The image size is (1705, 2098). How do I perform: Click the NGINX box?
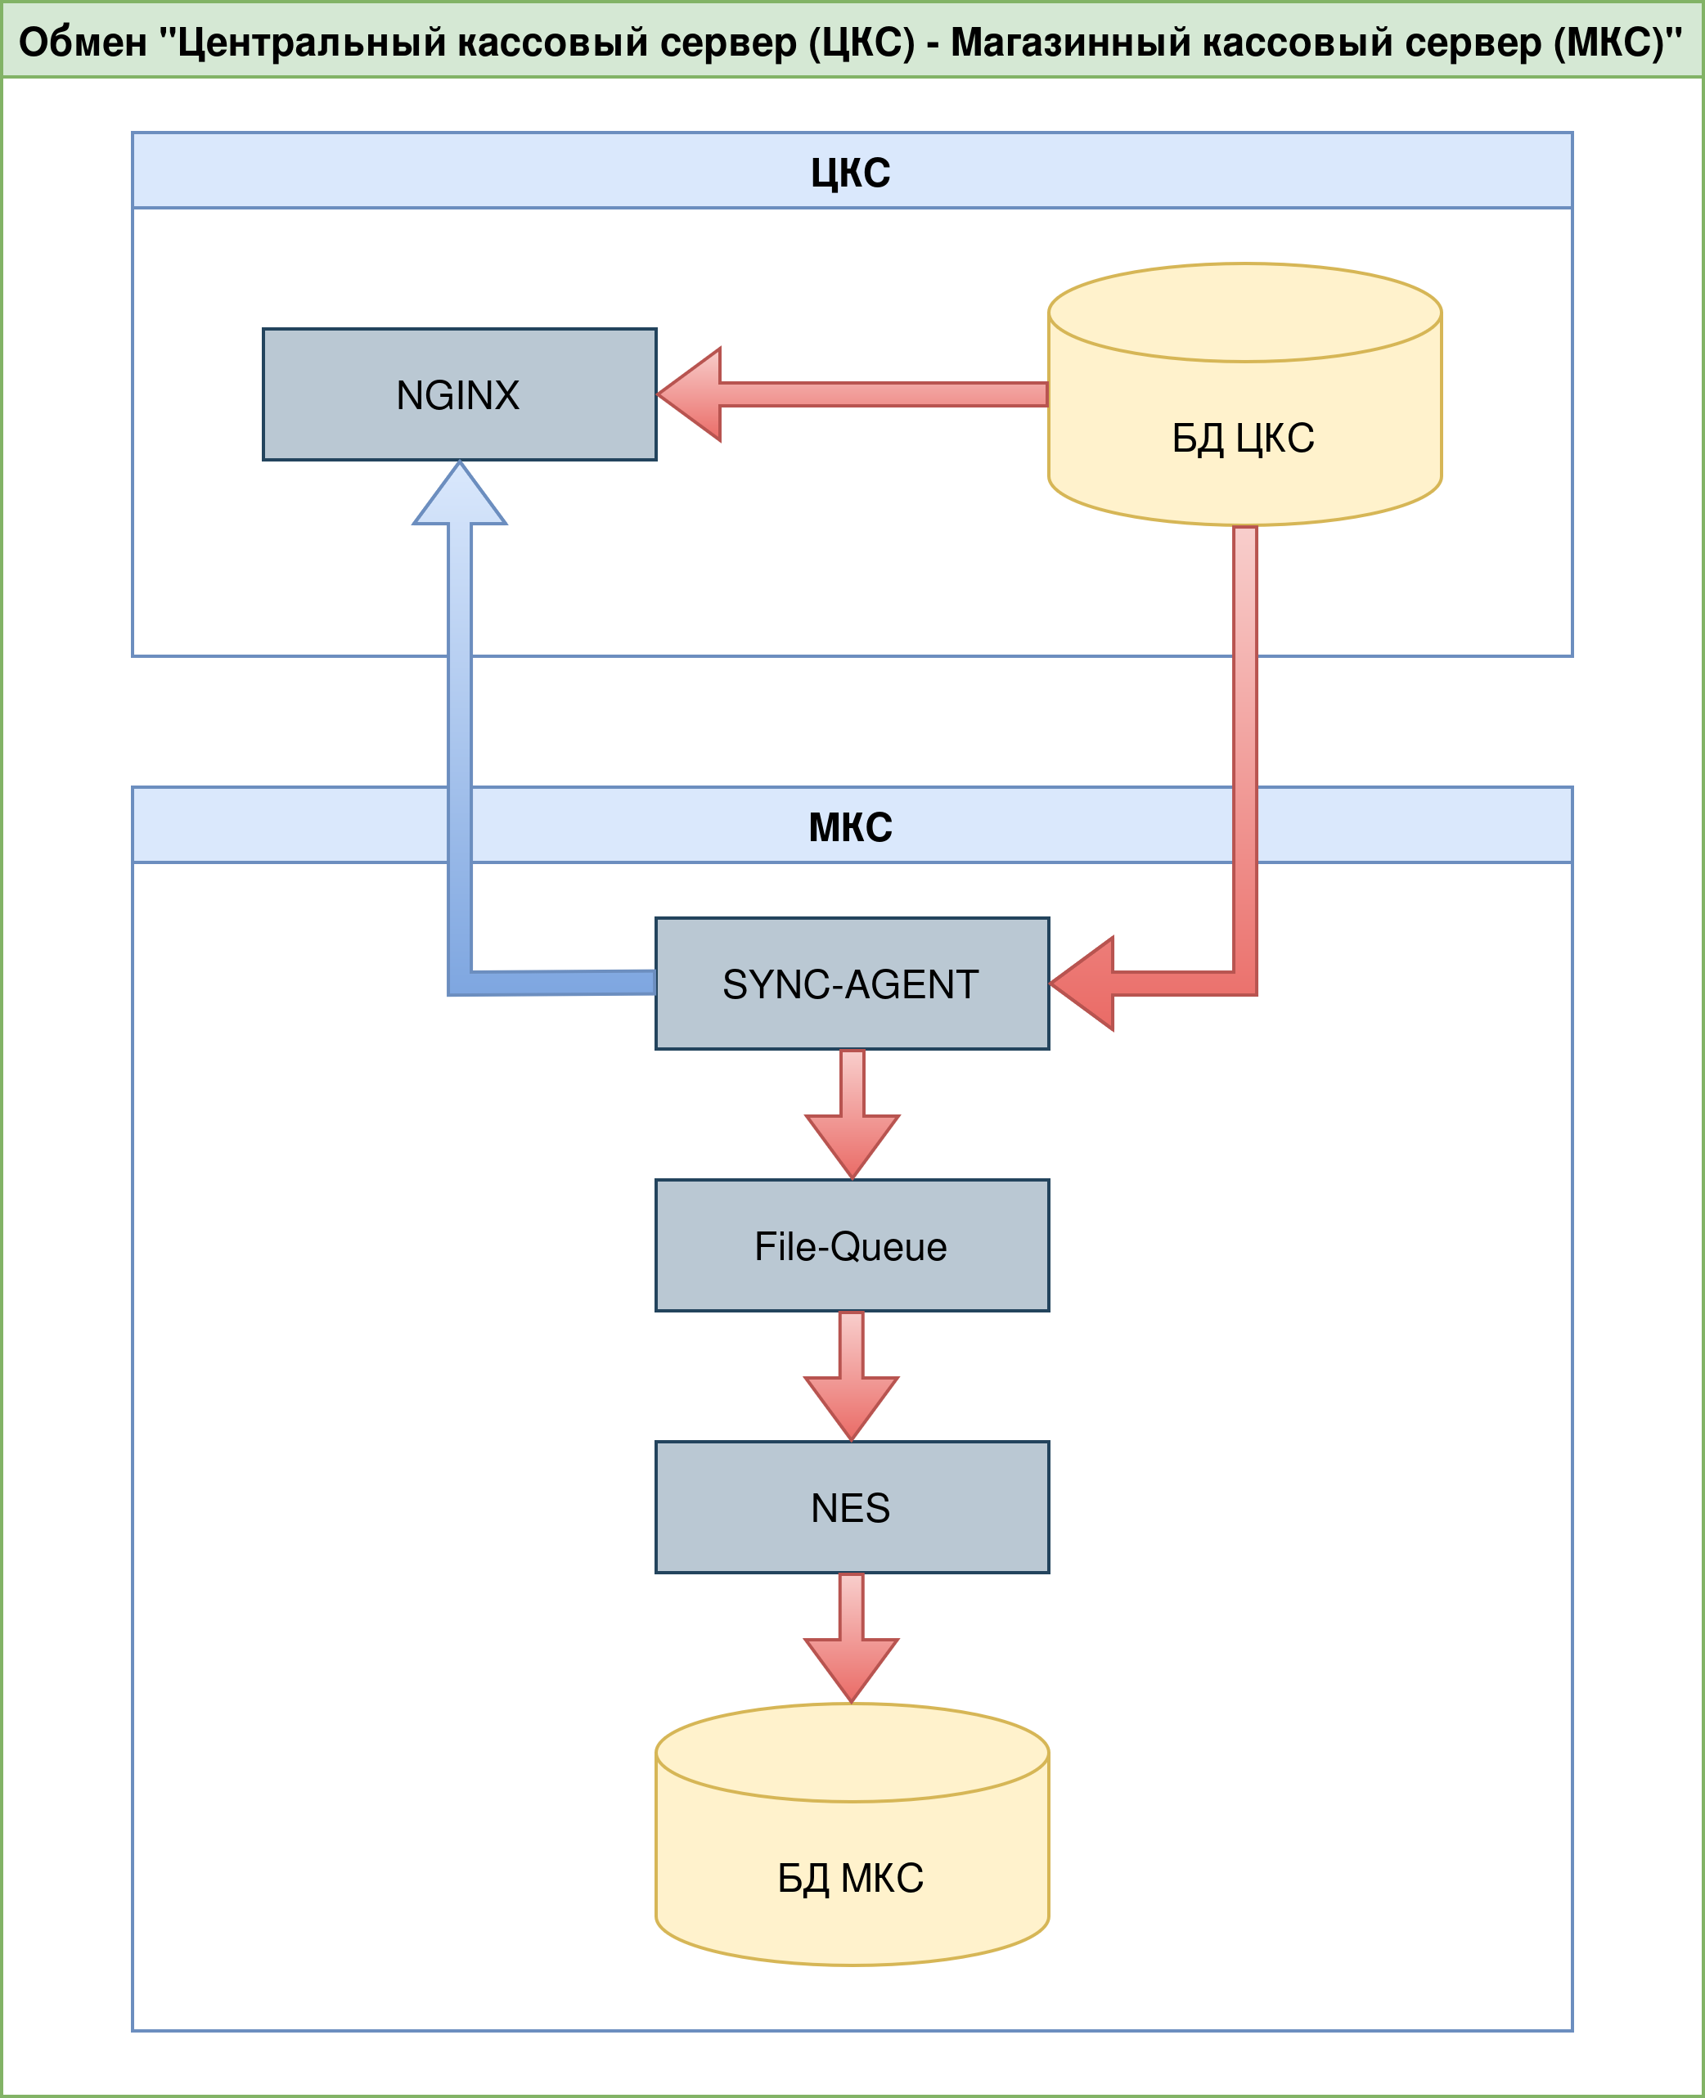[x=459, y=394]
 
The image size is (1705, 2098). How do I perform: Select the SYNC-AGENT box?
[x=852, y=984]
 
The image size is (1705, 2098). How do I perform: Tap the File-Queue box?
[x=852, y=1245]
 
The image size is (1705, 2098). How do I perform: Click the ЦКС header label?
[x=851, y=173]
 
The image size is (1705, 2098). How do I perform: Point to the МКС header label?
[x=851, y=827]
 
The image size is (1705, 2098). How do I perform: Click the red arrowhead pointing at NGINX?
[x=692, y=394]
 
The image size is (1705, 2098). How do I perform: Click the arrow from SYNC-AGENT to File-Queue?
[x=852, y=1119]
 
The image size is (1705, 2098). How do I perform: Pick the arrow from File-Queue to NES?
[x=852, y=1381]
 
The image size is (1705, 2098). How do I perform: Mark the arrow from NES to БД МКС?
[x=852, y=1642]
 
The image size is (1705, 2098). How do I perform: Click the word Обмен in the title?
[x=83, y=43]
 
